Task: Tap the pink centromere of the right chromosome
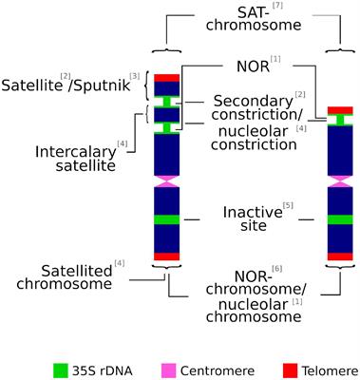(341, 180)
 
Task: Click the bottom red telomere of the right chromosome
(341, 256)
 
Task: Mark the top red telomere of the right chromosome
(341, 110)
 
